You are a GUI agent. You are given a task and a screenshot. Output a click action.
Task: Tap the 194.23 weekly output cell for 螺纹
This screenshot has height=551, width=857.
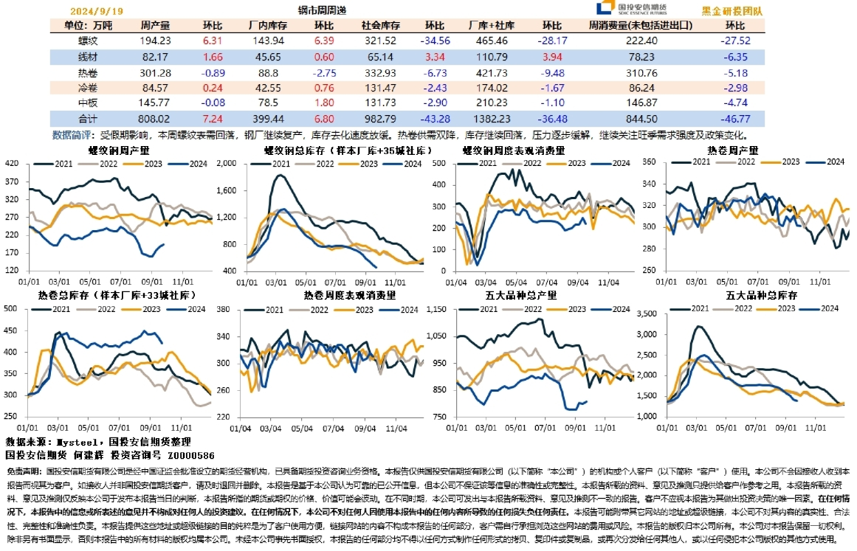(x=155, y=41)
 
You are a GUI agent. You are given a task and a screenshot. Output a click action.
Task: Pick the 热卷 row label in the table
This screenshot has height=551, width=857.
(x=88, y=72)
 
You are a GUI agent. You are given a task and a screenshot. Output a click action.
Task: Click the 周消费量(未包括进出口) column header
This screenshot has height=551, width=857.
(x=641, y=24)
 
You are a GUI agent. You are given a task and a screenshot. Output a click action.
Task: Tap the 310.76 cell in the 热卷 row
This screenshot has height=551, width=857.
(x=641, y=72)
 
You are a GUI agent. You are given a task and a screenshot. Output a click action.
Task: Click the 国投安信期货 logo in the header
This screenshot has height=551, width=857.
(x=630, y=9)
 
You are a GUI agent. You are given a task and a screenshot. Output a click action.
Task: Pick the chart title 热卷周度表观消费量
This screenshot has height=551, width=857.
(x=349, y=294)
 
